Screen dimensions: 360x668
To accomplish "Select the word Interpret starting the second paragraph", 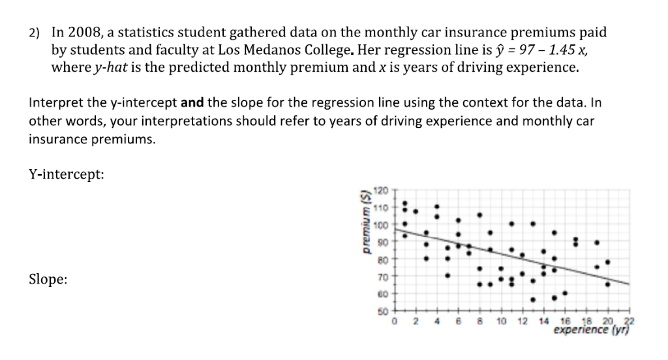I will tap(52, 103).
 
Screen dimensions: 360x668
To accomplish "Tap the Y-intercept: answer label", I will tap(66, 174).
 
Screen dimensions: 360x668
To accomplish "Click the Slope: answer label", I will tap(48, 279).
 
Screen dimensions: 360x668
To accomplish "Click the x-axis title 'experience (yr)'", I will tap(590, 331).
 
